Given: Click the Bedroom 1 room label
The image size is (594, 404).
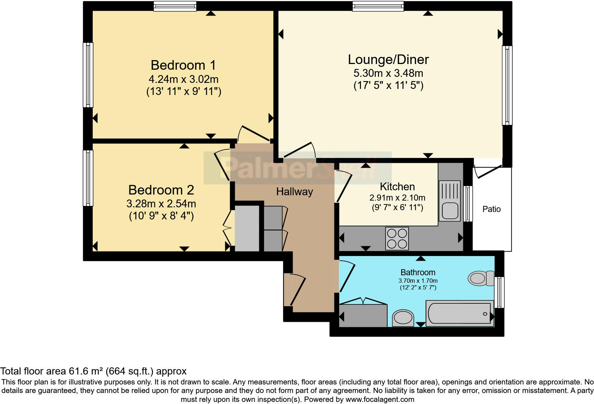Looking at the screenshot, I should [183, 65].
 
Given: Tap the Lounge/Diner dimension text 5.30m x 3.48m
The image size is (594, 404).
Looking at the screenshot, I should [388, 73].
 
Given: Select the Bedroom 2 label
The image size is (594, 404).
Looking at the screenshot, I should [161, 190].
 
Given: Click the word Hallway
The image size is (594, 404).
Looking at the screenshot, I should [295, 192].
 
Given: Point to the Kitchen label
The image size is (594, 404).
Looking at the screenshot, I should [397, 186].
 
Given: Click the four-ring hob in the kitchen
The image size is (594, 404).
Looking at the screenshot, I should [397, 239].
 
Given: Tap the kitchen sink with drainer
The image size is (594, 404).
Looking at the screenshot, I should [450, 200].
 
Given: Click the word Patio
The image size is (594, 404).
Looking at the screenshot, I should [491, 209].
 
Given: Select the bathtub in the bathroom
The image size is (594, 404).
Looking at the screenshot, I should [459, 313].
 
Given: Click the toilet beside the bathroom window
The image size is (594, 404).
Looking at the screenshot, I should [480, 278].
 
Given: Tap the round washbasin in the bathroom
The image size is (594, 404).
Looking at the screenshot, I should [403, 317].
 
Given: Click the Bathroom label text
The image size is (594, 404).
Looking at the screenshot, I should [418, 272].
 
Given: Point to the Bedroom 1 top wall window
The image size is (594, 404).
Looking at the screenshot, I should [175, 6].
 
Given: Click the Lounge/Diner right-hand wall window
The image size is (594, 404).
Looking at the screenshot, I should [507, 85].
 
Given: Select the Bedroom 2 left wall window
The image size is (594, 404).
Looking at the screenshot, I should [88, 178].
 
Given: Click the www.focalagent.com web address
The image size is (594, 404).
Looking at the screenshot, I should [380, 399].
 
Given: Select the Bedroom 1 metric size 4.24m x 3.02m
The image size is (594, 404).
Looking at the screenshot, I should [183, 79].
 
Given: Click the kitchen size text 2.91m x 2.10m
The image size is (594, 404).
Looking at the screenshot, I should [397, 198].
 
